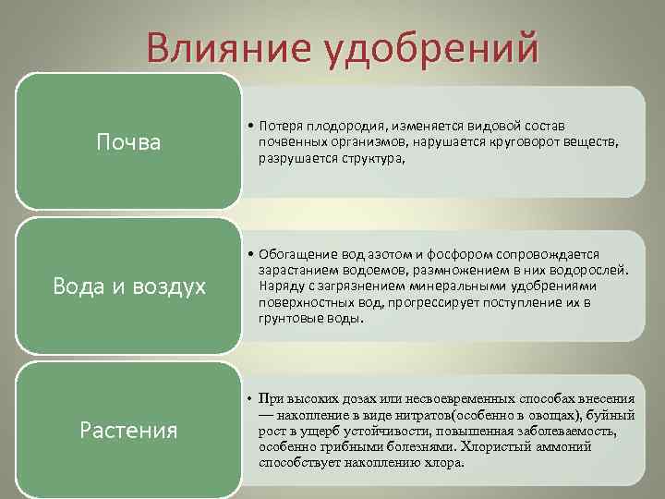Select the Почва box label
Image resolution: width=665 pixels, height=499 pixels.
click(128, 142)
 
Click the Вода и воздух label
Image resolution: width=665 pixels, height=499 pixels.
click(128, 286)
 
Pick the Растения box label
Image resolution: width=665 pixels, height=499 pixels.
click(128, 430)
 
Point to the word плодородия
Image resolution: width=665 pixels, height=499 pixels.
click(350, 125)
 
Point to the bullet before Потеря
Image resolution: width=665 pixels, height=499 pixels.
click(249, 125)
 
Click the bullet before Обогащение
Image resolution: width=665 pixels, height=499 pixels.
click(249, 253)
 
